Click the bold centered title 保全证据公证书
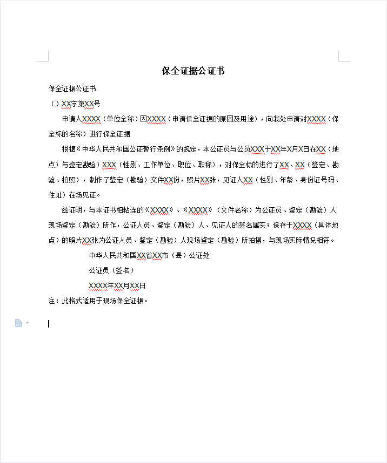coord(193,71)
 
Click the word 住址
coord(55,194)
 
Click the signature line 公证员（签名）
coord(111,270)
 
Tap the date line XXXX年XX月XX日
coord(117,285)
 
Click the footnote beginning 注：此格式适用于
coord(98,301)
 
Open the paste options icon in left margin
coord(19,323)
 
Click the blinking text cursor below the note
coord(49,324)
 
